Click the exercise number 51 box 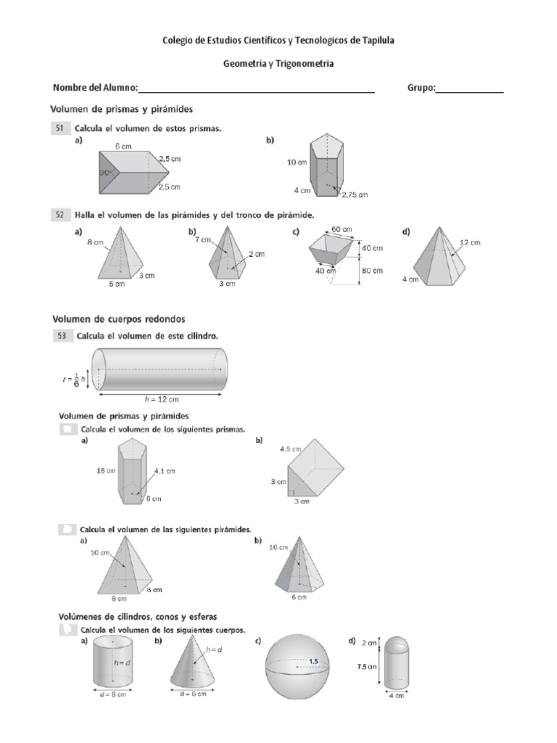tap(59, 128)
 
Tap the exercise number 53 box tap(59, 336)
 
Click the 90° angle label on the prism tap(107, 173)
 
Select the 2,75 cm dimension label tap(353, 194)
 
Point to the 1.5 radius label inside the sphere tap(313, 661)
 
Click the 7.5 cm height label tap(366, 667)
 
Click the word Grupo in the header tap(421, 88)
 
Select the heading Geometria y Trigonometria tap(278, 64)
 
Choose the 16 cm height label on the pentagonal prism tap(106, 470)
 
